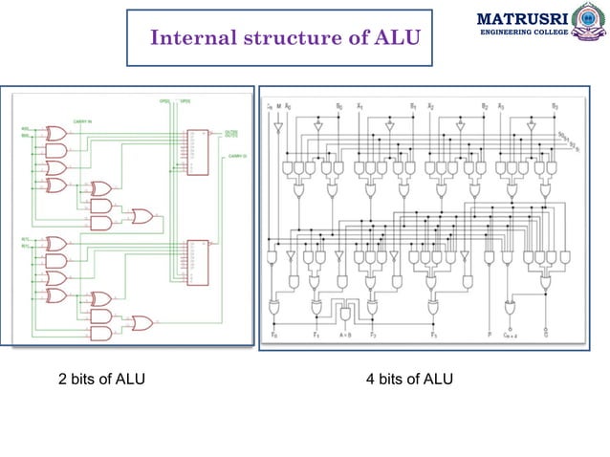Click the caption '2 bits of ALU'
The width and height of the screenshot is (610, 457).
coord(102,380)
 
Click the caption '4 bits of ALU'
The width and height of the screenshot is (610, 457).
coord(409,380)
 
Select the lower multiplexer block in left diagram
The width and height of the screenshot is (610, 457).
coord(199,261)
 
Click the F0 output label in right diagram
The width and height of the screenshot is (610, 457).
coord(274,336)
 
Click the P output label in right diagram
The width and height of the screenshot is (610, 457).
coord(488,336)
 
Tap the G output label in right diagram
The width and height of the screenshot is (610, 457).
coord(546,336)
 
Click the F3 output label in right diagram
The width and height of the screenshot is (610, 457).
coord(434,336)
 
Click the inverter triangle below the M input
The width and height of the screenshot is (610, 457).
coord(278,126)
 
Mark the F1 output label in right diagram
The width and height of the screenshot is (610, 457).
coord(316,336)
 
